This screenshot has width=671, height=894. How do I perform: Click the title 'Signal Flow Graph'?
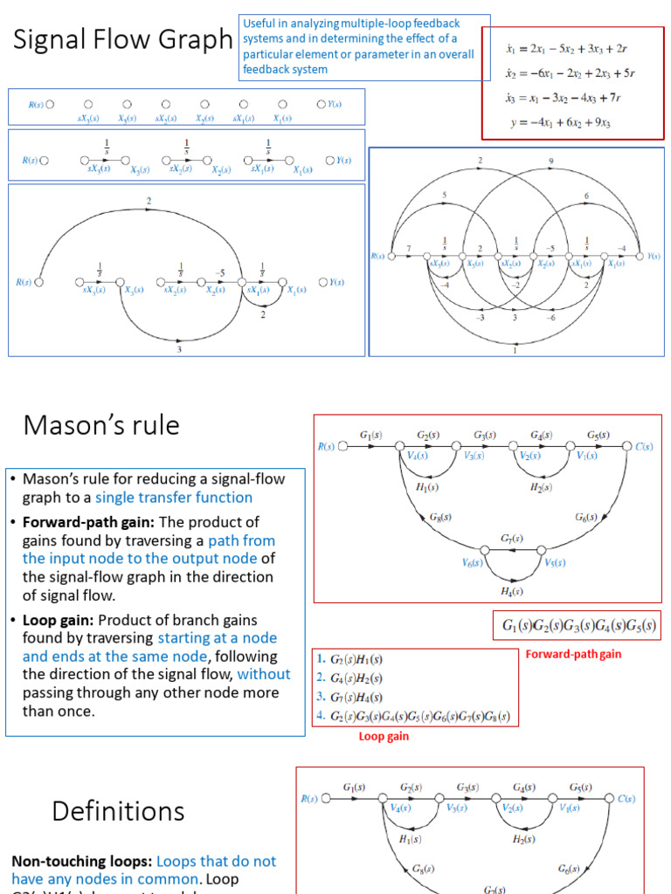click(122, 39)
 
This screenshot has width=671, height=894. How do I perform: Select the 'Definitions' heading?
click(118, 811)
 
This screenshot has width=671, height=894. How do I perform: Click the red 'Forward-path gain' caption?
click(573, 654)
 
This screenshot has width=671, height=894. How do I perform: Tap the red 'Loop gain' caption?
click(384, 736)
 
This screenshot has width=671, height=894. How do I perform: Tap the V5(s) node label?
click(556, 562)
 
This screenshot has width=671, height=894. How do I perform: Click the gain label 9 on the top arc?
click(550, 162)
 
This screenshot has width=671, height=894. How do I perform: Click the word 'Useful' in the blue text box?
click(261, 24)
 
